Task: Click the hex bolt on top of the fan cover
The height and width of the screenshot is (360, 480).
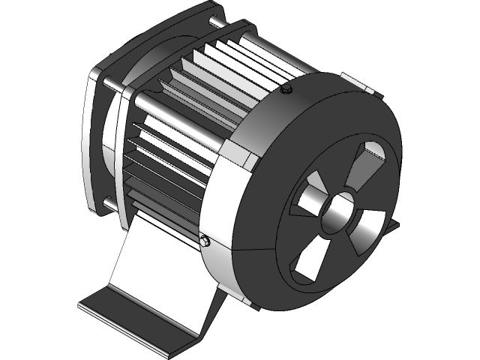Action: [285, 91]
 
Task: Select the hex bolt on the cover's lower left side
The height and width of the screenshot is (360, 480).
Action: [205, 241]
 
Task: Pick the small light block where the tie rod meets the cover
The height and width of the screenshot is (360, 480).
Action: [247, 159]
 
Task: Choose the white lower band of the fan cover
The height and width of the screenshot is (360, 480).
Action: [225, 247]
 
